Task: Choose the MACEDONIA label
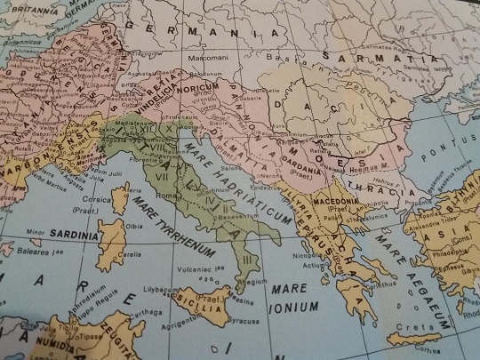pyautogui.click(x=336, y=203)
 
